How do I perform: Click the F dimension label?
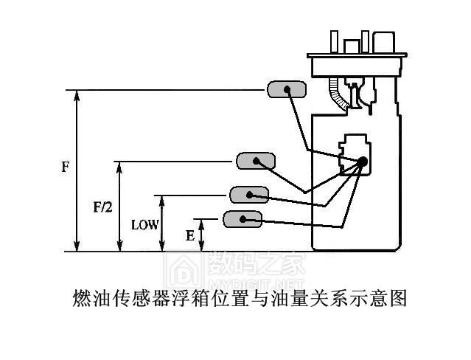tap(65, 167)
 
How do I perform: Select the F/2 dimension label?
tap(102, 209)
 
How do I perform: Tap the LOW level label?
tap(144, 224)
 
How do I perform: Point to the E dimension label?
tap(190, 236)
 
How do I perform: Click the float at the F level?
tap(285, 89)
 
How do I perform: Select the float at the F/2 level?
tap(255, 160)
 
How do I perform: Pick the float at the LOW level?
tap(248, 195)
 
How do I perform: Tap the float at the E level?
tap(243, 218)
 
